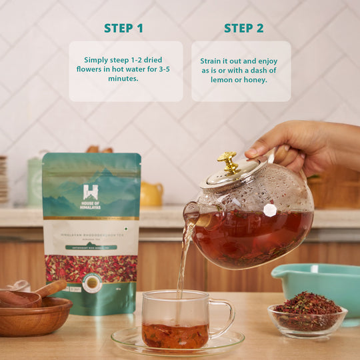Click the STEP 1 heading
click(123, 28)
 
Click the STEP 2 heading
click(243, 28)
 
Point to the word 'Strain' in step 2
click(211, 61)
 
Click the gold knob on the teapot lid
click(227, 161)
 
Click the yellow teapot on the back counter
click(151, 194)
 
